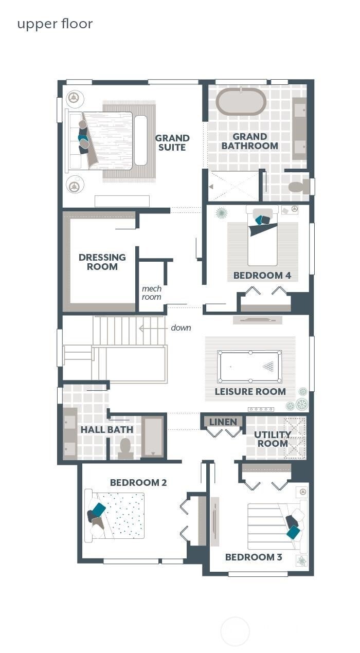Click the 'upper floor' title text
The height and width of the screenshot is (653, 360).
tap(55, 24)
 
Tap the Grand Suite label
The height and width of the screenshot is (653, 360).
tap(172, 142)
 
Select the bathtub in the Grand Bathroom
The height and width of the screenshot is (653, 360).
tap(241, 101)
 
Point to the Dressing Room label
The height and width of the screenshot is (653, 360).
tap(102, 262)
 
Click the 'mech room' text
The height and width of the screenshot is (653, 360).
tap(152, 293)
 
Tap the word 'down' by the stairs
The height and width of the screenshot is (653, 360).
tap(181, 328)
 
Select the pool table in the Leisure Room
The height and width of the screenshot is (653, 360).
tap(249, 367)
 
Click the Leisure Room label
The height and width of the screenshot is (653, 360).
tap(250, 392)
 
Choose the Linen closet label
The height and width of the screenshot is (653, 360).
tap(223, 422)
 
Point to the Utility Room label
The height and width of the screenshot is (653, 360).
tap(273, 439)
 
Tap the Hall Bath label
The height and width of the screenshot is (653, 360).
tap(106, 429)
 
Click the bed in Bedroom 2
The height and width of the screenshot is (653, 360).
tap(114, 515)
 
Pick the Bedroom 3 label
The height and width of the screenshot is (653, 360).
tap(254, 557)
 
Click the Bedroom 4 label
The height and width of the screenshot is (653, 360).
tap(262, 275)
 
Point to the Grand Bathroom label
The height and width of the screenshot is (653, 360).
tap(250, 141)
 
